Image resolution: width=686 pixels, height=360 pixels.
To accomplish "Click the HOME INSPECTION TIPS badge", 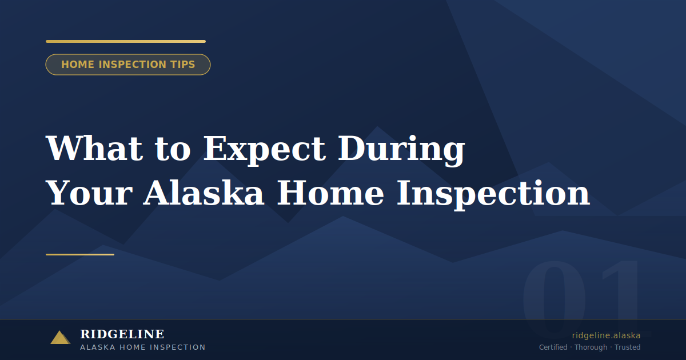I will pos(128,65).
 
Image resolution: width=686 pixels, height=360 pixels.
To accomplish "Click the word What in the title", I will pos(94,149).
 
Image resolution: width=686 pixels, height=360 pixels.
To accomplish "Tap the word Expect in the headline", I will pos(265,149).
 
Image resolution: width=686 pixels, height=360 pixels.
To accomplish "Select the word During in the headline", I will pos(401,149).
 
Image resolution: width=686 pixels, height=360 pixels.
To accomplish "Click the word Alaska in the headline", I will pos(204,193).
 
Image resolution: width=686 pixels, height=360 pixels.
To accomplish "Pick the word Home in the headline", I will pos(330,193).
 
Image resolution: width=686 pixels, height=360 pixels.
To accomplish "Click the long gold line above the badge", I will pos(126,41).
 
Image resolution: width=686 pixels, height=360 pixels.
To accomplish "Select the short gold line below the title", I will pos(80,254).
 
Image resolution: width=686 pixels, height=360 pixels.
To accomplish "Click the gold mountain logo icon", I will pos(60,338).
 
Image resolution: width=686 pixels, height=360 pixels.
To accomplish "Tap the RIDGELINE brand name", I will pos(122,334).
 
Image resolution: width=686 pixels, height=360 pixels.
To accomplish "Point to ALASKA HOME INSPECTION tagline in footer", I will pos(143,347).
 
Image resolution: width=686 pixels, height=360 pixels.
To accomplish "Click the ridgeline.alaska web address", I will pos(606,335).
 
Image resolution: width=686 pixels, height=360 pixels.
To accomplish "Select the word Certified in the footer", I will pos(553,347).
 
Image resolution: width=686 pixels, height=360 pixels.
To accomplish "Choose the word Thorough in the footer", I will pos(591,347).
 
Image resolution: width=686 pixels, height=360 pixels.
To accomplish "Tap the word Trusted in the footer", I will pos(628,347).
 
